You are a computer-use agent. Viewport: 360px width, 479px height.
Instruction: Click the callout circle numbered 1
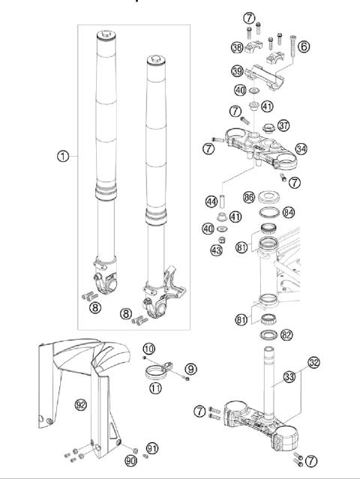(x=63, y=157)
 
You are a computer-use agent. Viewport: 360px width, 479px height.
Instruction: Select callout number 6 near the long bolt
(x=304, y=46)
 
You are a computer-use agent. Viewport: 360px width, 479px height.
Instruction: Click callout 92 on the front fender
(x=81, y=405)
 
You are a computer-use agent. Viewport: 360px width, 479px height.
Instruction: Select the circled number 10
(x=148, y=349)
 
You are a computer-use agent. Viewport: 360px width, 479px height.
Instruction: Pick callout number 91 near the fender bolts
(x=152, y=448)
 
